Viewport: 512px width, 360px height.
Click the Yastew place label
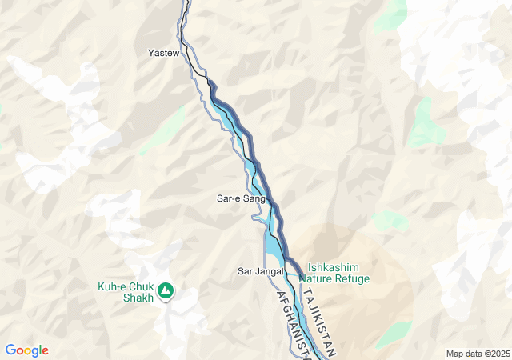coord(163,53)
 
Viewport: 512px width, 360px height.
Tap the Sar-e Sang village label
coord(241,198)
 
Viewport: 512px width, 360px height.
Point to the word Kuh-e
coord(112,286)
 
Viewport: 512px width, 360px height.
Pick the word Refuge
coord(353,279)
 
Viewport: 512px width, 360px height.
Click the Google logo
coord(26,350)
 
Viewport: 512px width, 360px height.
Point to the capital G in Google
coord(10,350)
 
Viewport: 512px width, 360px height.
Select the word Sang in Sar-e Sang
coord(254,198)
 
